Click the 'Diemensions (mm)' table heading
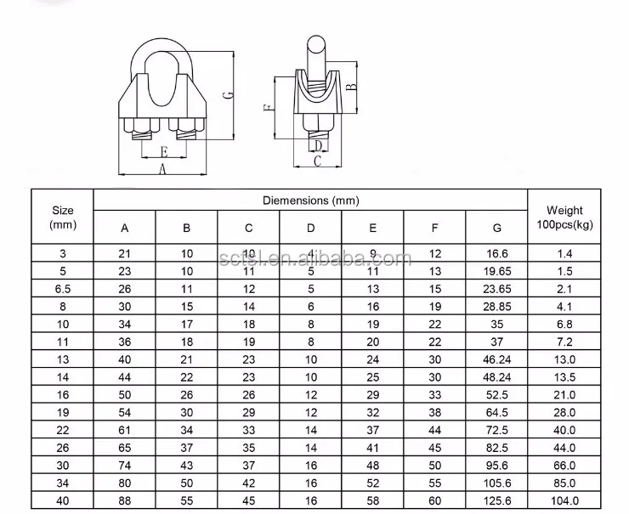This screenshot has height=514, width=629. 310,201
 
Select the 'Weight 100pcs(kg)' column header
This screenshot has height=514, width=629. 564,217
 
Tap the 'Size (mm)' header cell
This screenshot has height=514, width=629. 63,217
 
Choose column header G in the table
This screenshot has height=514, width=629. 496,228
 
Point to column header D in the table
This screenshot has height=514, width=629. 311,228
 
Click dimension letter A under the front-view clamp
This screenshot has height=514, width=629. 162,170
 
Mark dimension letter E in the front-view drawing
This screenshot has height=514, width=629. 162,153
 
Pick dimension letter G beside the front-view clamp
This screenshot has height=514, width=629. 229,95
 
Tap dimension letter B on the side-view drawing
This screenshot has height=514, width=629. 351,85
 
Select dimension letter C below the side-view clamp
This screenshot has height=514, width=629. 316,161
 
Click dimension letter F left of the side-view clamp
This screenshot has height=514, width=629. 268,109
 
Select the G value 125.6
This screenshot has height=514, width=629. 496,500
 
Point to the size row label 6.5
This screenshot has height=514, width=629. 63,289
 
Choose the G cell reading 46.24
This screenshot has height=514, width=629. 496,359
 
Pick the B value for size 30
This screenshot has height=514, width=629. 187,466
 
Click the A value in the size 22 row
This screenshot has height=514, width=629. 125,430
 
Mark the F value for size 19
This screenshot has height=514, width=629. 435,412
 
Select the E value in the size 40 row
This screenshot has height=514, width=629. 373,500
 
